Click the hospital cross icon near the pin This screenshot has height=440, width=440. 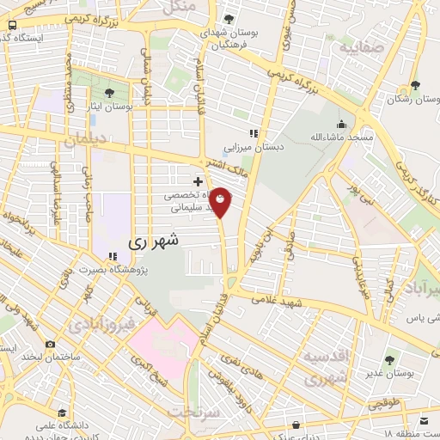pyautogui.click(x=199, y=181)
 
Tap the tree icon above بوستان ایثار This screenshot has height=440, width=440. pyautogui.click(x=109, y=92)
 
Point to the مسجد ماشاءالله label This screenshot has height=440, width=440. pyautogui.click(x=342, y=137)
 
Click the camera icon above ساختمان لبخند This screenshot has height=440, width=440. pyautogui.click(x=51, y=345)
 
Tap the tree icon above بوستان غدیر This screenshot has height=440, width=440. pyautogui.click(x=391, y=358)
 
